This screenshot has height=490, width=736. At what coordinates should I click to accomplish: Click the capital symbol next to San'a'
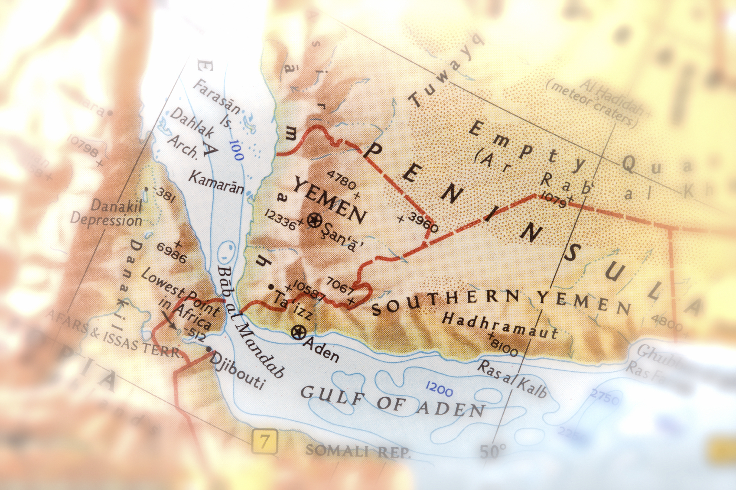(314, 221)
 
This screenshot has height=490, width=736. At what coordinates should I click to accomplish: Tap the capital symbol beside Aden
(299, 333)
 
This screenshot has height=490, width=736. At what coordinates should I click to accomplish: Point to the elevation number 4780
(341, 179)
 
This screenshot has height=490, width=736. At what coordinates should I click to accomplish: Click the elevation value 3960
(423, 222)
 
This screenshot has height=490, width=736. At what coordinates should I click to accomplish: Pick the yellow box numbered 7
(264, 441)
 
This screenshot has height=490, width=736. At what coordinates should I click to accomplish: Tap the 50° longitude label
(493, 451)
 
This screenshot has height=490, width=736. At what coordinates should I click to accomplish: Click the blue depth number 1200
(439, 389)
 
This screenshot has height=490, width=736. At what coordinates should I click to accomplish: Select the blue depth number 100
(236, 150)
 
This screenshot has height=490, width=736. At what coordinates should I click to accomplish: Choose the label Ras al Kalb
(512, 379)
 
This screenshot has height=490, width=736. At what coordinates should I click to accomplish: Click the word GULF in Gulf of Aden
(332, 396)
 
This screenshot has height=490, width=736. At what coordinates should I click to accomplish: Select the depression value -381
(164, 195)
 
